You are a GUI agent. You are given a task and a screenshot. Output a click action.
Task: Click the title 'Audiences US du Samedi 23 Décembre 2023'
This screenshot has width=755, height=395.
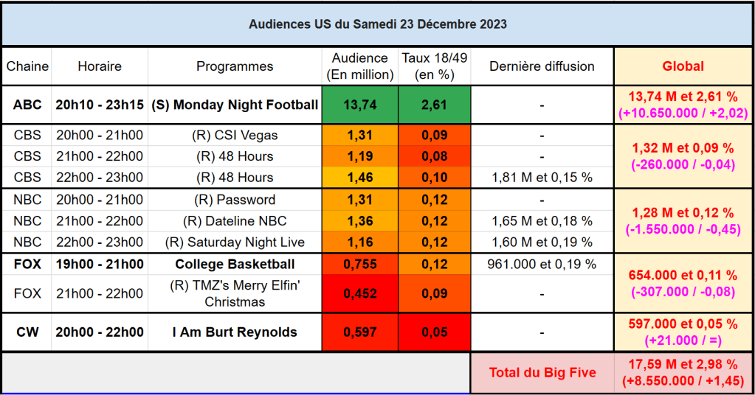377,24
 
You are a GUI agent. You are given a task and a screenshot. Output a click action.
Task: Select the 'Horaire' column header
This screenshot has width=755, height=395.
100,66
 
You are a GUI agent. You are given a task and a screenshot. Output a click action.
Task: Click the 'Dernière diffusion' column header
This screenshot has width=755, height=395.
542,66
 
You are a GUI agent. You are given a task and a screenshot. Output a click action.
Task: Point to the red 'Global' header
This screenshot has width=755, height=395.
683,66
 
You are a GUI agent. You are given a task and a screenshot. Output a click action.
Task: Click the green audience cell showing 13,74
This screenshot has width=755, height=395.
360,105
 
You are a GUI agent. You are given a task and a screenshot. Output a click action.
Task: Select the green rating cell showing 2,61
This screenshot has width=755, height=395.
434,105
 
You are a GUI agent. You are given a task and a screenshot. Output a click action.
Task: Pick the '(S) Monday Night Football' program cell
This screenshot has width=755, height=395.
235,105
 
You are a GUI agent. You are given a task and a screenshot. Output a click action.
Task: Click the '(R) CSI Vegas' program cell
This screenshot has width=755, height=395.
235,136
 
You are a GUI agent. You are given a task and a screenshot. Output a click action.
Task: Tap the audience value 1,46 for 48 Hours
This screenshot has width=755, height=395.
360,178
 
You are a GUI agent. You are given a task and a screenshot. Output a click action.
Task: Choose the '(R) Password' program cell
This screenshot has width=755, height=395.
235,200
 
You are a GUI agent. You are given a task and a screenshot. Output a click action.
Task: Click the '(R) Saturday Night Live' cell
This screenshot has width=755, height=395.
235,242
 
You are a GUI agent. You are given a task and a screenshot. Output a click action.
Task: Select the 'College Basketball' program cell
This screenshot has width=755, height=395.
235,264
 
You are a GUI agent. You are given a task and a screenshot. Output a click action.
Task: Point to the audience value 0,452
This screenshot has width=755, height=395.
360,293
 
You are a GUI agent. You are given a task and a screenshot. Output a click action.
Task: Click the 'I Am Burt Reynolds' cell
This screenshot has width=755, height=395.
235,332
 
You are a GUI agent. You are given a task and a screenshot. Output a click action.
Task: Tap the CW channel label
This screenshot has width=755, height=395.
27,332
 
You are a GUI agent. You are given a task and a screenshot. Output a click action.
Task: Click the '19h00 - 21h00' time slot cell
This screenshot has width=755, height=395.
100,264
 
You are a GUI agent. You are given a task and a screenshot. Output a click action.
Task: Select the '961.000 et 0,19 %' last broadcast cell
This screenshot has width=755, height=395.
542,264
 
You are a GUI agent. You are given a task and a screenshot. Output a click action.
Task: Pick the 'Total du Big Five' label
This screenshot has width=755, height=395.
542,372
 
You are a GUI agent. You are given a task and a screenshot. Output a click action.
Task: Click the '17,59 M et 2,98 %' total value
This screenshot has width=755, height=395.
683,364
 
